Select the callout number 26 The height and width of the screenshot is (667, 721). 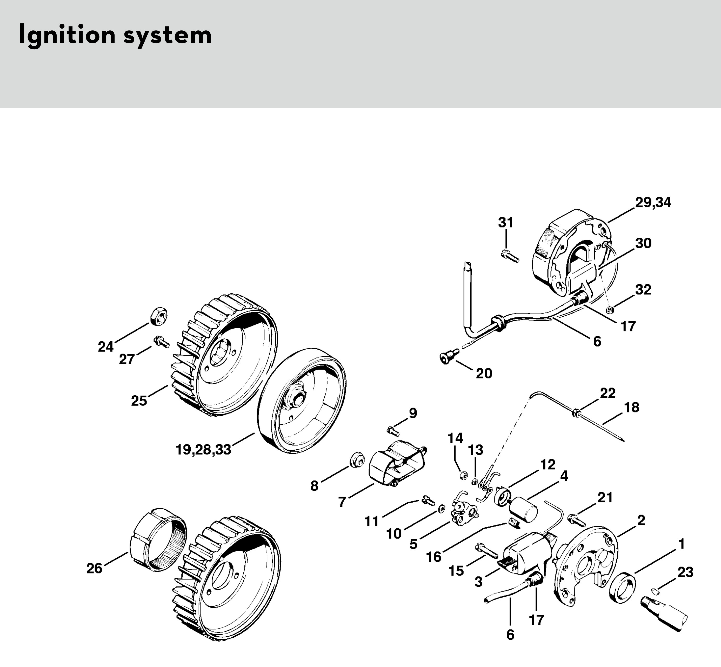(95, 569)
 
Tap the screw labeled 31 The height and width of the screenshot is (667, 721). (510, 256)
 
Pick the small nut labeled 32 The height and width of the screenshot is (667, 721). (610, 310)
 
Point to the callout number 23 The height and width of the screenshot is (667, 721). (685, 572)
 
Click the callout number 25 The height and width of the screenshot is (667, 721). (139, 401)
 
